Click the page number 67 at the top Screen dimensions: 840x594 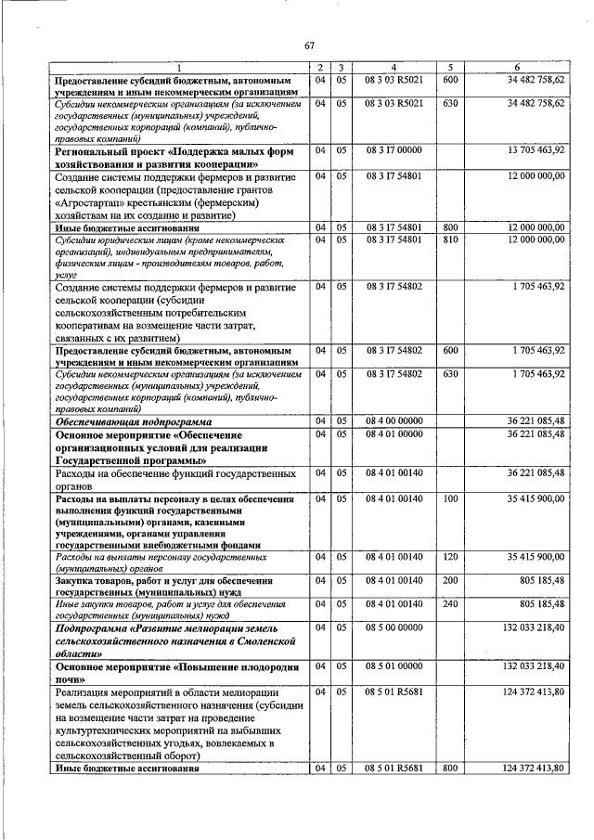tap(309, 45)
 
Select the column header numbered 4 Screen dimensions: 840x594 tap(394, 68)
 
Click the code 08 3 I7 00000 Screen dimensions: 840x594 tap(394, 149)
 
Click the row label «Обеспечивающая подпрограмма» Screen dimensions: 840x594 tap(129, 420)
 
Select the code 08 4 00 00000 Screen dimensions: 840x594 tap(394, 420)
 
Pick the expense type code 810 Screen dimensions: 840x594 tap(450, 239)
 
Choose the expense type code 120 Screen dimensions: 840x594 tap(450, 557)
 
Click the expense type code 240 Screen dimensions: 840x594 tap(450, 604)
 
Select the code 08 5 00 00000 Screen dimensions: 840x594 tap(394, 627)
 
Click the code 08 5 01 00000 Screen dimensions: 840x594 tap(394, 666)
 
